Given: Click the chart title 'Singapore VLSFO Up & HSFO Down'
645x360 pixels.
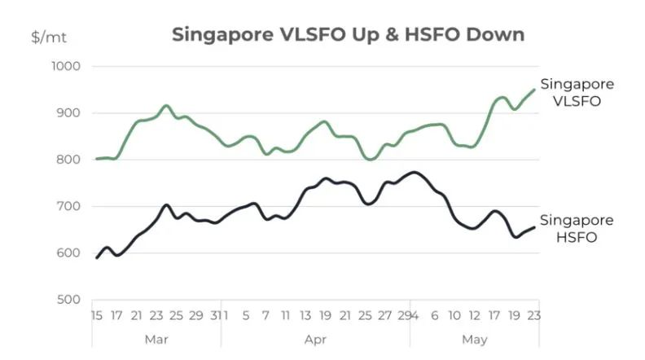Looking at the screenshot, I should point(348,35).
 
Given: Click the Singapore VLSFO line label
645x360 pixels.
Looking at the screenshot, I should point(577,93).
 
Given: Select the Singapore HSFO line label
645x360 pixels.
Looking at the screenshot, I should point(577,229).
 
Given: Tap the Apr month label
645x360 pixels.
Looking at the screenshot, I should point(316,338).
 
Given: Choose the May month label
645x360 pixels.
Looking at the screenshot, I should point(474,338).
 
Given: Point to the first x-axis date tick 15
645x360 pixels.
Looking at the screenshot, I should point(97,314).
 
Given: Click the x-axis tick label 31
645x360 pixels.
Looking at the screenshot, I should point(215,314).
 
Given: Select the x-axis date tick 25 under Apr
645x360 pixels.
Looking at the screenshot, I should point(365,314).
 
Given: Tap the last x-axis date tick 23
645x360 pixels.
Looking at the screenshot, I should point(535,314).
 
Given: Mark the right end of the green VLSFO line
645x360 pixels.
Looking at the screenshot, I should point(535,90).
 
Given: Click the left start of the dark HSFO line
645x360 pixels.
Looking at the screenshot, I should point(97,257).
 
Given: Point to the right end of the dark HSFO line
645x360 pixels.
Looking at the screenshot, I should point(534,227).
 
